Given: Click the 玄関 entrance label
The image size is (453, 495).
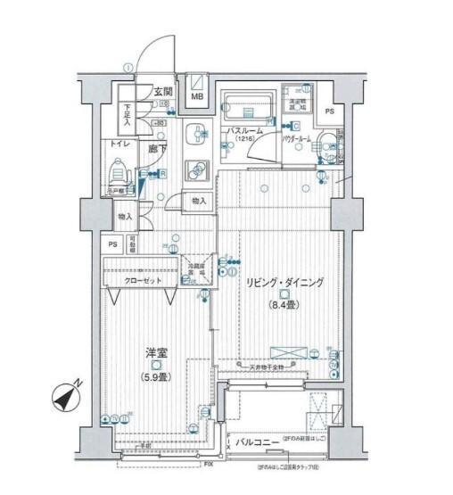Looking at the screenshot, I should pyautogui.click(x=162, y=90).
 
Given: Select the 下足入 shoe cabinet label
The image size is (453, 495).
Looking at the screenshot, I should pyautogui.click(x=128, y=115).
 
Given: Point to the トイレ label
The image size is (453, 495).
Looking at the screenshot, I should pyautogui.click(x=119, y=144).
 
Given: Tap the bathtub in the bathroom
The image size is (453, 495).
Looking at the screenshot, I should pyautogui.click(x=249, y=109).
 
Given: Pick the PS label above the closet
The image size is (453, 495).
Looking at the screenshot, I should pyautogui.click(x=112, y=245).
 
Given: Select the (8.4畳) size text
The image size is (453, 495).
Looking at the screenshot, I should pyautogui.click(x=284, y=307).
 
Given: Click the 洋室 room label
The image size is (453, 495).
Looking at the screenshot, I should pyautogui.click(x=156, y=351).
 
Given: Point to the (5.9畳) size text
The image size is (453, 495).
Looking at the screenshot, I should pyautogui.click(x=156, y=376).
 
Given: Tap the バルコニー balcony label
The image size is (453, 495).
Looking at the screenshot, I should pyautogui.click(x=254, y=441).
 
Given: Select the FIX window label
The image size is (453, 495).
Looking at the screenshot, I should pyautogui.click(x=209, y=465).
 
